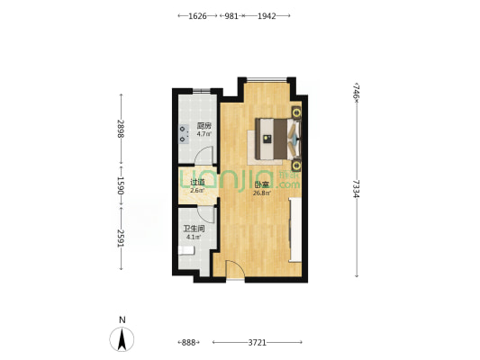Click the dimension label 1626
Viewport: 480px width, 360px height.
[197, 16]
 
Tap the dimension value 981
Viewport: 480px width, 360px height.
[231, 16]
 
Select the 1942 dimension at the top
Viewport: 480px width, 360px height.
[267, 16]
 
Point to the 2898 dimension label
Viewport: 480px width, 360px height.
[121, 129]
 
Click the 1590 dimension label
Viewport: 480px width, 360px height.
[121, 185]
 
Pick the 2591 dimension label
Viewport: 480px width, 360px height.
[121, 238]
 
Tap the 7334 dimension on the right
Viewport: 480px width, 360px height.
[356, 189]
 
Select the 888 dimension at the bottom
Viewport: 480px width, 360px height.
[188, 343]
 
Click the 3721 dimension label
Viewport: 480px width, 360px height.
[258, 343]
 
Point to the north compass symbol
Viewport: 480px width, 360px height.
[122, 339]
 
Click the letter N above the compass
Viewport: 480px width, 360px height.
[122, 320]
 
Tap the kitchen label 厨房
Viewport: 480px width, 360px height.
[204, 126]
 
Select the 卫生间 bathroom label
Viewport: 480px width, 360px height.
[195, 229]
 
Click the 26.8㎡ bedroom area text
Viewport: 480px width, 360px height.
[262, 193]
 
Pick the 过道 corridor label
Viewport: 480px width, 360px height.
[197, 183]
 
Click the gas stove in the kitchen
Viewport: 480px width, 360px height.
[184, 134]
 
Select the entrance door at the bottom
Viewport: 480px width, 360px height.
[235, 269]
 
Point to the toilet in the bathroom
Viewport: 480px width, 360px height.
[186, 250]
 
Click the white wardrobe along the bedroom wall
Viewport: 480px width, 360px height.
[295, 229]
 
